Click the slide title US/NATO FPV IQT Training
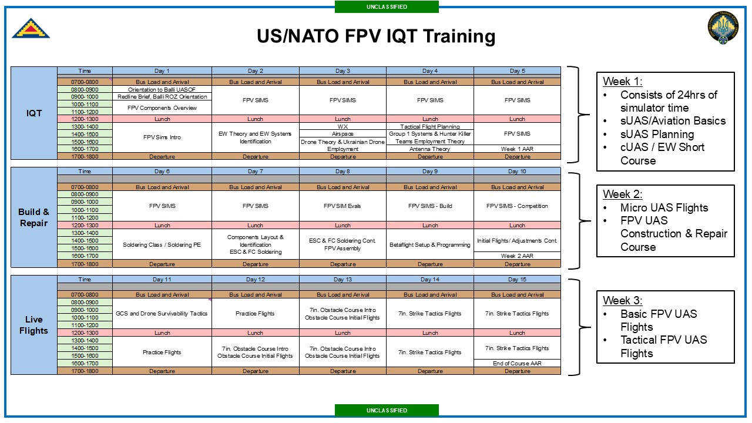(x=376, y=36)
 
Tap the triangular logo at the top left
(x=31, y=28)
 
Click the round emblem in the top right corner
(x=723, y=28)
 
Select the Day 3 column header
(x=343, y=71)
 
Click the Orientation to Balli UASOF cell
(x=162, y=89)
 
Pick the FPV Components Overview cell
(x=162, y=108)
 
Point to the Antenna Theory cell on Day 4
(x=429, y=149)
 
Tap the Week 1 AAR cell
(x=517, y=149)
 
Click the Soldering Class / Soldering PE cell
(x=162, y=244)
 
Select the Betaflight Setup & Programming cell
(x=429, y=244)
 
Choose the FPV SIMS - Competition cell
(x=517, y=206)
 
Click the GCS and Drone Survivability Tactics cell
(x=162, y=313)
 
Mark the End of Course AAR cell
(x=517, y=363)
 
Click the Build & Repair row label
(x=33, y=217)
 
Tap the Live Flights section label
(x=33, y=325)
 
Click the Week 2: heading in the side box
(x=622, y=194)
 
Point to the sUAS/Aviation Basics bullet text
(x=673, y=120)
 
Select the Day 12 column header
(x=255, y=279)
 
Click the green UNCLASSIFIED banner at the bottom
(x=387, y=410)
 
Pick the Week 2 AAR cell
(x=517, y=256)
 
